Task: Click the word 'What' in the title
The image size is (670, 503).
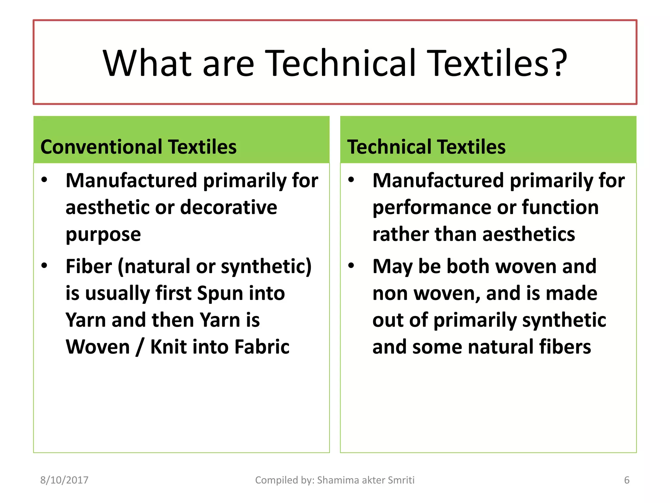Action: coord(147,63)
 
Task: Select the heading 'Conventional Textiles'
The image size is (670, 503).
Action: coord(138,147)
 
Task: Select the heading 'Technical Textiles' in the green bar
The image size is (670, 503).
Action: coord(426,147)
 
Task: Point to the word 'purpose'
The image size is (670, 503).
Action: coord(103,235)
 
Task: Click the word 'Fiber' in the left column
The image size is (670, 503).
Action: coord(89,266)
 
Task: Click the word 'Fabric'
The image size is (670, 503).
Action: coord(262,347)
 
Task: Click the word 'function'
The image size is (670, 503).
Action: coord(560,207)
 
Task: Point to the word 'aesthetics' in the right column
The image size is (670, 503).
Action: coord(528,234)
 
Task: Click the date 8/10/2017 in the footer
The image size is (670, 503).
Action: coord(64,480)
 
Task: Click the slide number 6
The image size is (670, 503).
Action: coord(626,480)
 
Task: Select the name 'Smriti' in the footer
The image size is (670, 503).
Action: coord(401,480)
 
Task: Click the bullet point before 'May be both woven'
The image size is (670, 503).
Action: coord(351,266)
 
